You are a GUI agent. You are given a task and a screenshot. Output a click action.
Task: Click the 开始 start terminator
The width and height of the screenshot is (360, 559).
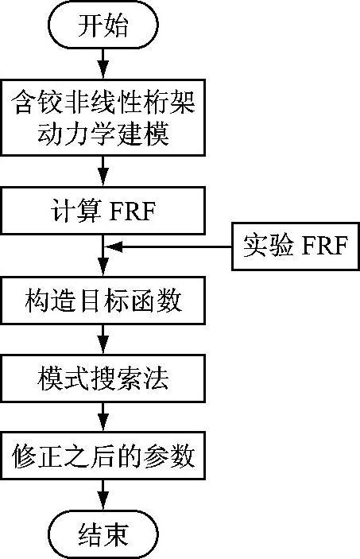(x=103, y=24)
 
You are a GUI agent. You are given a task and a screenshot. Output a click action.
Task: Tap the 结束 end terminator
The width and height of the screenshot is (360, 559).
(x=103, y=534)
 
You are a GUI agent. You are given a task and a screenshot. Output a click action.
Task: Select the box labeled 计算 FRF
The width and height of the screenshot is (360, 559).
(x=103, y=211)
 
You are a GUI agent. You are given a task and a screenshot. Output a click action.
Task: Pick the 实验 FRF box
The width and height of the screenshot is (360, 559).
(x=296, y=247)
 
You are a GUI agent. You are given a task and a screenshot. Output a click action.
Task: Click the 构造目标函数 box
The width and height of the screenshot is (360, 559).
(x=103, y=301)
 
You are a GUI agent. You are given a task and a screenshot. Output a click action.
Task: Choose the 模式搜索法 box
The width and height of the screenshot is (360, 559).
(x=103, y=378)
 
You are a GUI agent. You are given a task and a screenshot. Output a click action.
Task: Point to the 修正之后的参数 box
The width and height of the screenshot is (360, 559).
(x=103, y=456)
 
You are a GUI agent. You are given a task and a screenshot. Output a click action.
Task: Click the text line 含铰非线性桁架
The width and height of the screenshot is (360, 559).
(x=103, y=103)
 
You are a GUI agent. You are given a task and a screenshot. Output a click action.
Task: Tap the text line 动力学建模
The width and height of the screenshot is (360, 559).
(x=103, y=134)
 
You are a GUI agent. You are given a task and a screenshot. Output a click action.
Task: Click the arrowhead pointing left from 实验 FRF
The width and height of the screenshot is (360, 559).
(x=114, y=247)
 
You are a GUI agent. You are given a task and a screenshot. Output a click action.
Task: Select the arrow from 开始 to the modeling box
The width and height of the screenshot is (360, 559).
(x=103, y=64)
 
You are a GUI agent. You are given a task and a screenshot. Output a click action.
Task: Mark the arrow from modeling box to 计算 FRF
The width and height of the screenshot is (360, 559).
(x=103, y=171)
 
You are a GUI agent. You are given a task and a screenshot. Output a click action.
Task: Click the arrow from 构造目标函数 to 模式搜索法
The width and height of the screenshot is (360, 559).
(x=103, y=340)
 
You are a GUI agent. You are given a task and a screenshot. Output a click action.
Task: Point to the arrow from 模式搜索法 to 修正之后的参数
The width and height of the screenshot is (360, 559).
(x=103, y=417)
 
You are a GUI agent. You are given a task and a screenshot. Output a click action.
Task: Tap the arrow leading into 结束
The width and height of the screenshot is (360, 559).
(x=103, y=495)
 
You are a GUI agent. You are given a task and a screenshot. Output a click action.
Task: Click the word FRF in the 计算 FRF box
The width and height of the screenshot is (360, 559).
(x=132, y=211)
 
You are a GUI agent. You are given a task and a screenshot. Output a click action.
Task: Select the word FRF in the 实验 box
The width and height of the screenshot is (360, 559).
(x=324, y=246)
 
